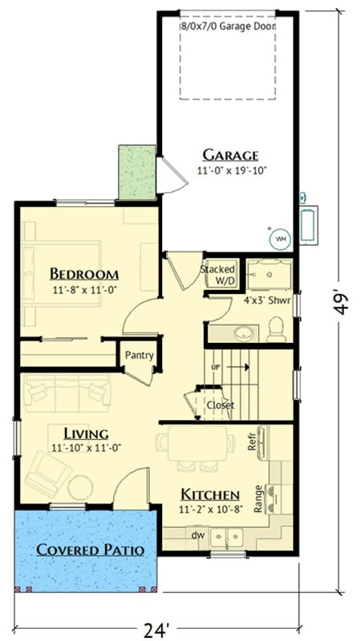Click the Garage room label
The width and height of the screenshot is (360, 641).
pos(229,155)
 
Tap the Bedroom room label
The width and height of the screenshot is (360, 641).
pos(84,273)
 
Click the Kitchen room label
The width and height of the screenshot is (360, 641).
pos(208,494)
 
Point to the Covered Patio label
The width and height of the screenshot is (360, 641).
pos(90,550)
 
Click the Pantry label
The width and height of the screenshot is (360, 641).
pos(140,355)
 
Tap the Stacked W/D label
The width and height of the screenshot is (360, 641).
pos(216,274)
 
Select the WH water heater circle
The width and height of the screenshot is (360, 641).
pos(281,238)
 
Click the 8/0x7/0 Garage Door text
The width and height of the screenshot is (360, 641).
pos(229,26)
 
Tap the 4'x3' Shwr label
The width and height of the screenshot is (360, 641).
pos(261,303)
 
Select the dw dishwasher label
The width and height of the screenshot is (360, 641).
pos(197,534)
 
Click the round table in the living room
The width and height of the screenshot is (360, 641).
pos(80,486)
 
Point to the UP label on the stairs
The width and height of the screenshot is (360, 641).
pos(215,367)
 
